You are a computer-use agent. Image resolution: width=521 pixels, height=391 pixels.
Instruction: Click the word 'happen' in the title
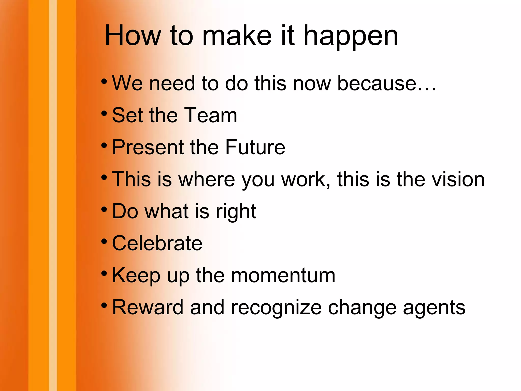(351, 37)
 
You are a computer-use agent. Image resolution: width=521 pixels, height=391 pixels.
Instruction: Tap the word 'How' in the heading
(133, 36)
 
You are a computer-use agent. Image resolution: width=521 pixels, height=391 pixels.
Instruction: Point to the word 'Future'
(255, 147)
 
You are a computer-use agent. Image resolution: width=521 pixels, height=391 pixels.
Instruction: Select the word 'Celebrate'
(157, 243)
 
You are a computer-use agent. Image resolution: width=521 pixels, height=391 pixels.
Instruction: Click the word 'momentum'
(283, 275)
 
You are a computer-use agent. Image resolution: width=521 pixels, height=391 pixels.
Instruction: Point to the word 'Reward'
(148, 307)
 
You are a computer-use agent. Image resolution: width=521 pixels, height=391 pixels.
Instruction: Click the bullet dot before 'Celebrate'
(104, 241)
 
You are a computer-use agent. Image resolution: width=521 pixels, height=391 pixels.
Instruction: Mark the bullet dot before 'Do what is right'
(104, 209)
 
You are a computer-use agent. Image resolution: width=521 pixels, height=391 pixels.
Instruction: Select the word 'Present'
(148, 147)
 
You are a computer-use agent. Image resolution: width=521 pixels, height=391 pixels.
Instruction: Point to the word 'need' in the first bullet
(172, 84)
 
